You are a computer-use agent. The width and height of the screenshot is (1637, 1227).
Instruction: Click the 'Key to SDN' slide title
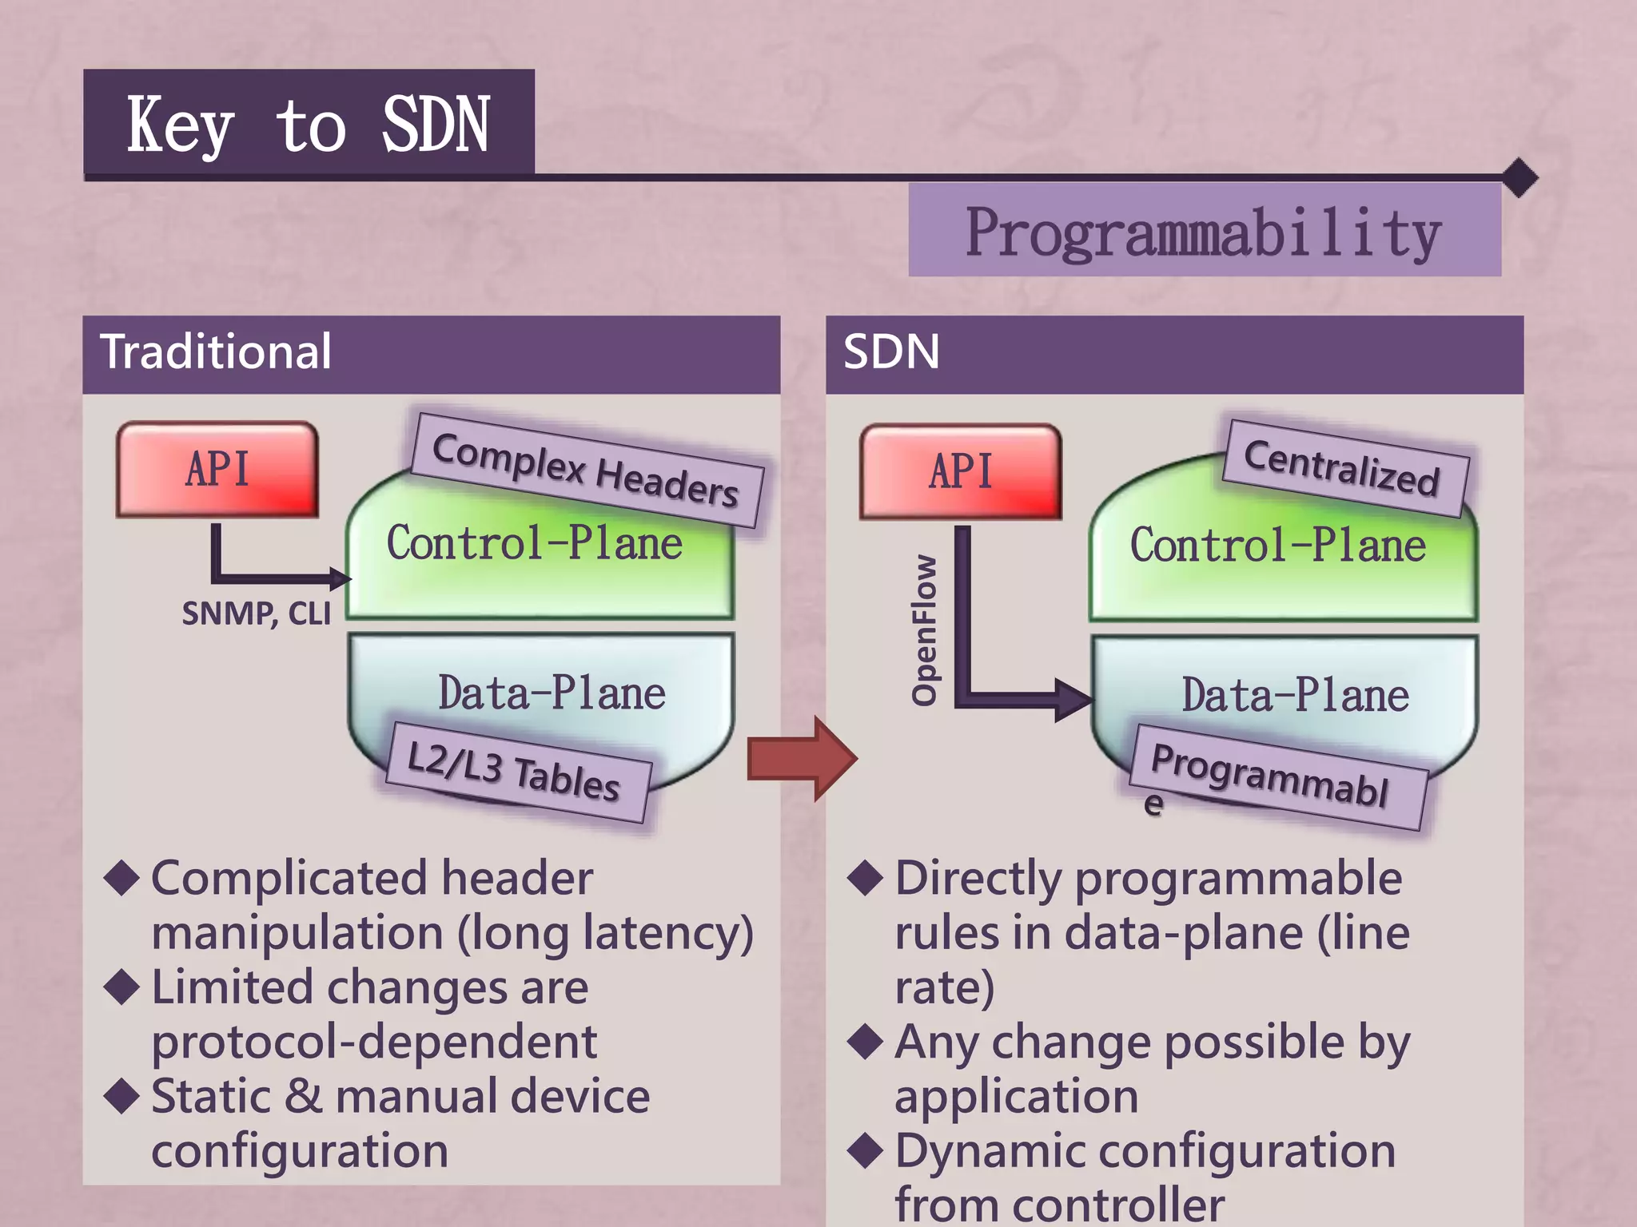(309, 125)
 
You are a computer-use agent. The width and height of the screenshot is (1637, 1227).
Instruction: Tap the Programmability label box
(1204, 232)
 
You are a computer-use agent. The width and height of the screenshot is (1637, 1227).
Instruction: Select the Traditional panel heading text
(216, 351)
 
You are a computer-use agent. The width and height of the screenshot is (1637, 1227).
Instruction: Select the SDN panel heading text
(891, 351)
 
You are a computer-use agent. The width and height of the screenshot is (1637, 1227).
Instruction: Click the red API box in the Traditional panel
(217, 470)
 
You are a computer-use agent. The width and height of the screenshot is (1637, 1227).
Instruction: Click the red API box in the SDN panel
(961, 471)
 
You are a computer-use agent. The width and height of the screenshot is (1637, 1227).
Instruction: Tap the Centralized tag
(1344, 468)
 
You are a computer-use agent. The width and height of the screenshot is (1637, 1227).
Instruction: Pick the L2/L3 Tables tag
(516, 772)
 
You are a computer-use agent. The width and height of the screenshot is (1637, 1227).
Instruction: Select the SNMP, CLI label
(256, 613)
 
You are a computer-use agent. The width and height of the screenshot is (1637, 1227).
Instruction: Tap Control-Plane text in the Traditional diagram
(534, 543)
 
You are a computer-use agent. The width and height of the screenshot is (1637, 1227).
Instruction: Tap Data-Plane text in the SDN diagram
(1295, 695)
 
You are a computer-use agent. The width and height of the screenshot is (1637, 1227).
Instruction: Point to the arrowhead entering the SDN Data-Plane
(1071, 700)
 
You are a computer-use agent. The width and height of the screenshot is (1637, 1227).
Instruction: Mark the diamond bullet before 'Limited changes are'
(122, 987)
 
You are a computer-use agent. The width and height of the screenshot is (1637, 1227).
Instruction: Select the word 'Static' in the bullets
(210, 1096)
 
